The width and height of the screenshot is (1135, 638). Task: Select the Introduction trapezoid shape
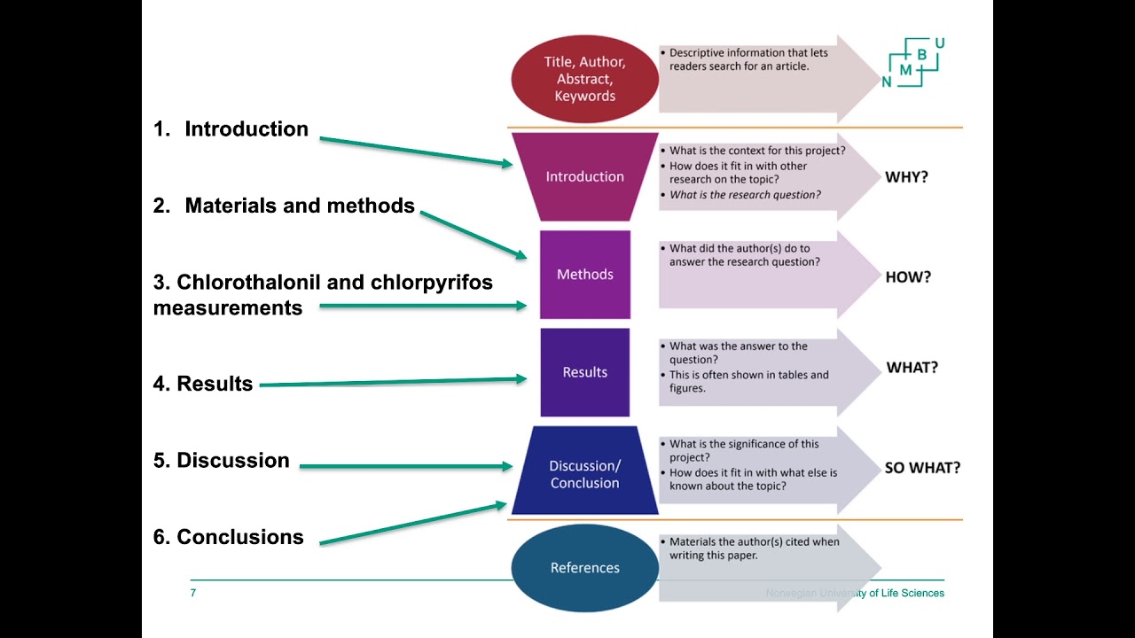click(x=584, y=176)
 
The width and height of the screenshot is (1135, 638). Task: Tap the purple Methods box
click(x=584, y=275)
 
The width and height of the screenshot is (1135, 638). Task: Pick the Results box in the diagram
click(x=584, y=372)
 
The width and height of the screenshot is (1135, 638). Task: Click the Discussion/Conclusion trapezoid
click(x=584, y=473)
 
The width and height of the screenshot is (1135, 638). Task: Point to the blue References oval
click(x=584, y=568)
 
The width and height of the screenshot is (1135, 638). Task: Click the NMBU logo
click(x=913, y=63)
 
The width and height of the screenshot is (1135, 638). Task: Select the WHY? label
click(x=906, y=177)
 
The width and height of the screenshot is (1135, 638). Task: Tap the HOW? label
click(x=908, y=277)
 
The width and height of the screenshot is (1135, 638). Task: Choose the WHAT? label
click(x=912, y=368)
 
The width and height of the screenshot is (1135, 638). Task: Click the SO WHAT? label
click(x=922, y=468)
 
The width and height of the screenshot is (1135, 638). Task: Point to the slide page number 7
click(x=193, y=593)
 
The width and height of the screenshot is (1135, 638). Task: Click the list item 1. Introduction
click(x=231, y=129)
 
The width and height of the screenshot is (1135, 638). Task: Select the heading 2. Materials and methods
click(x=284, y=206)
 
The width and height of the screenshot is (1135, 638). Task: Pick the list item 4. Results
click(x=203, y=384)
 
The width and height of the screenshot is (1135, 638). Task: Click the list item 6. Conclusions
click(x=228, y=537)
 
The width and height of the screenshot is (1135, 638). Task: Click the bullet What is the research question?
click(x=745, y=195)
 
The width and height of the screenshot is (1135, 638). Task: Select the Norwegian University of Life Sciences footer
click(x=855, y=593)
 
